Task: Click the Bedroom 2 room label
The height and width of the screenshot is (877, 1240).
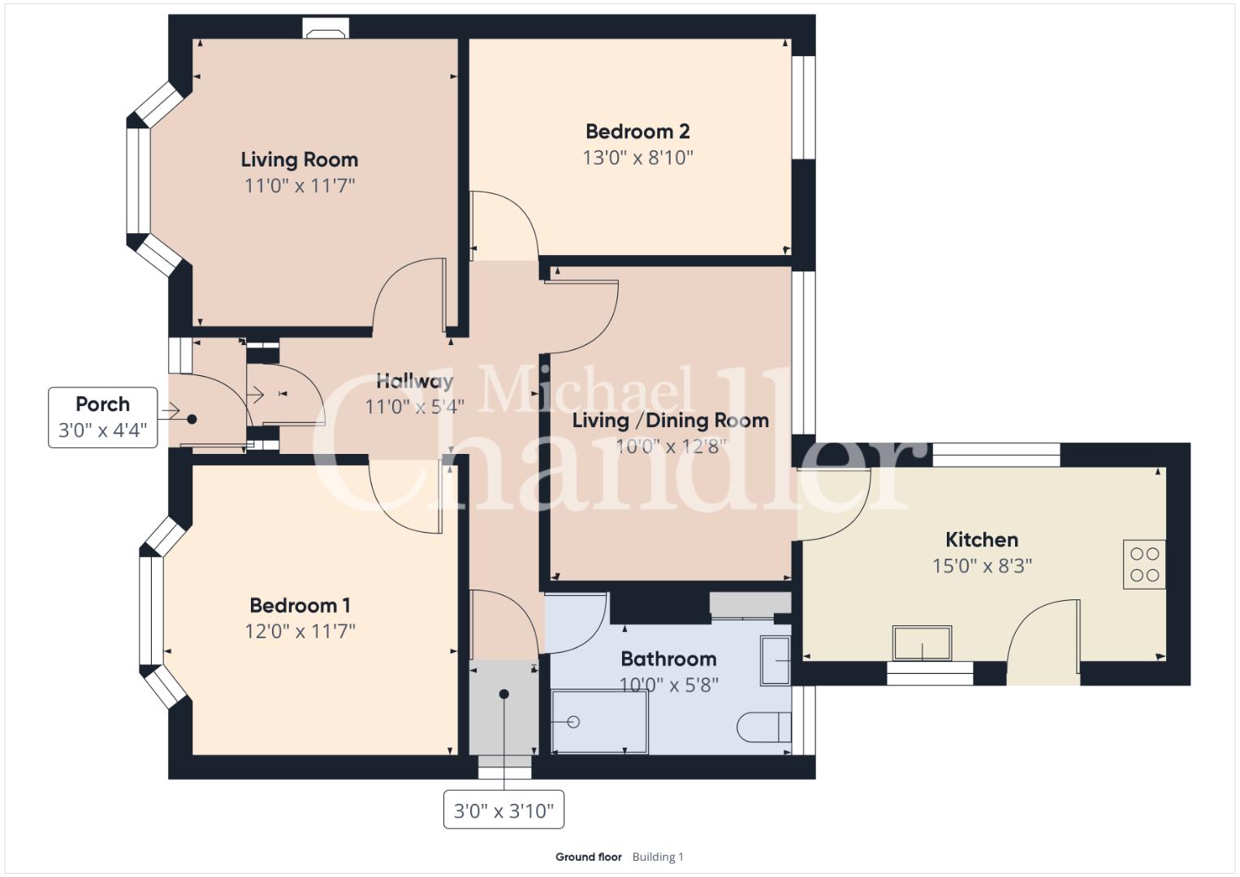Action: click(x=637, y=132)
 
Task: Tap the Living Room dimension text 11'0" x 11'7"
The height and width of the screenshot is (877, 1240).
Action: click(x=300, y=185)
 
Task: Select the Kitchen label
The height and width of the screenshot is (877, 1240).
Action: click(x=982, y=539)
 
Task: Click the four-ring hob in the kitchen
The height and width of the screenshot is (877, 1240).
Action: click(x=1144, y=564)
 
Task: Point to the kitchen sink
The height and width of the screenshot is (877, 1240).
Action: click(x=922, y=643)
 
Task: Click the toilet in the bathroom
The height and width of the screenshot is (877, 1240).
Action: click(x=764, y=727)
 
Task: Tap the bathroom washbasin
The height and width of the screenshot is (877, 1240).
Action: click(x=775, y=661)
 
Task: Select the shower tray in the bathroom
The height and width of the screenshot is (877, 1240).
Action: click(x=599, y=721)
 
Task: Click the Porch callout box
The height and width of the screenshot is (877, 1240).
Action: click(x=103, y=417)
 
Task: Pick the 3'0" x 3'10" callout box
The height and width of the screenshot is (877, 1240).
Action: click(x=503, y=810)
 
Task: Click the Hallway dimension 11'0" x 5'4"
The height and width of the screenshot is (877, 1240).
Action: click(x=415, y=407)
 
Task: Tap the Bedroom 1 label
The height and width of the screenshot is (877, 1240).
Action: click(x=300, y=605)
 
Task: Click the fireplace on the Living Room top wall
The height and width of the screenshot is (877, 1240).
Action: click(x=326, y=28)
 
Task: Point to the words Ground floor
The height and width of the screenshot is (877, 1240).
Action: click(x=589, y=857)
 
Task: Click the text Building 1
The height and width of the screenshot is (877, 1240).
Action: click(x=658, y=857)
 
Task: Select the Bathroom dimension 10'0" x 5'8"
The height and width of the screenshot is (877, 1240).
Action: click(x=668, y=685)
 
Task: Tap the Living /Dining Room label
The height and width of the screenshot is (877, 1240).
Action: click(x=671, y=421)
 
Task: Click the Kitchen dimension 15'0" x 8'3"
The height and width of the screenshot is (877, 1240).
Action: click(x=982, y=566)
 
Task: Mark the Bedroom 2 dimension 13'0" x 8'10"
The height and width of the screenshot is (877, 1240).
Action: click(x=637, y=158)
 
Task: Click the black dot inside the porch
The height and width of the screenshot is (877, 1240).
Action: click(x=192, y=420)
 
